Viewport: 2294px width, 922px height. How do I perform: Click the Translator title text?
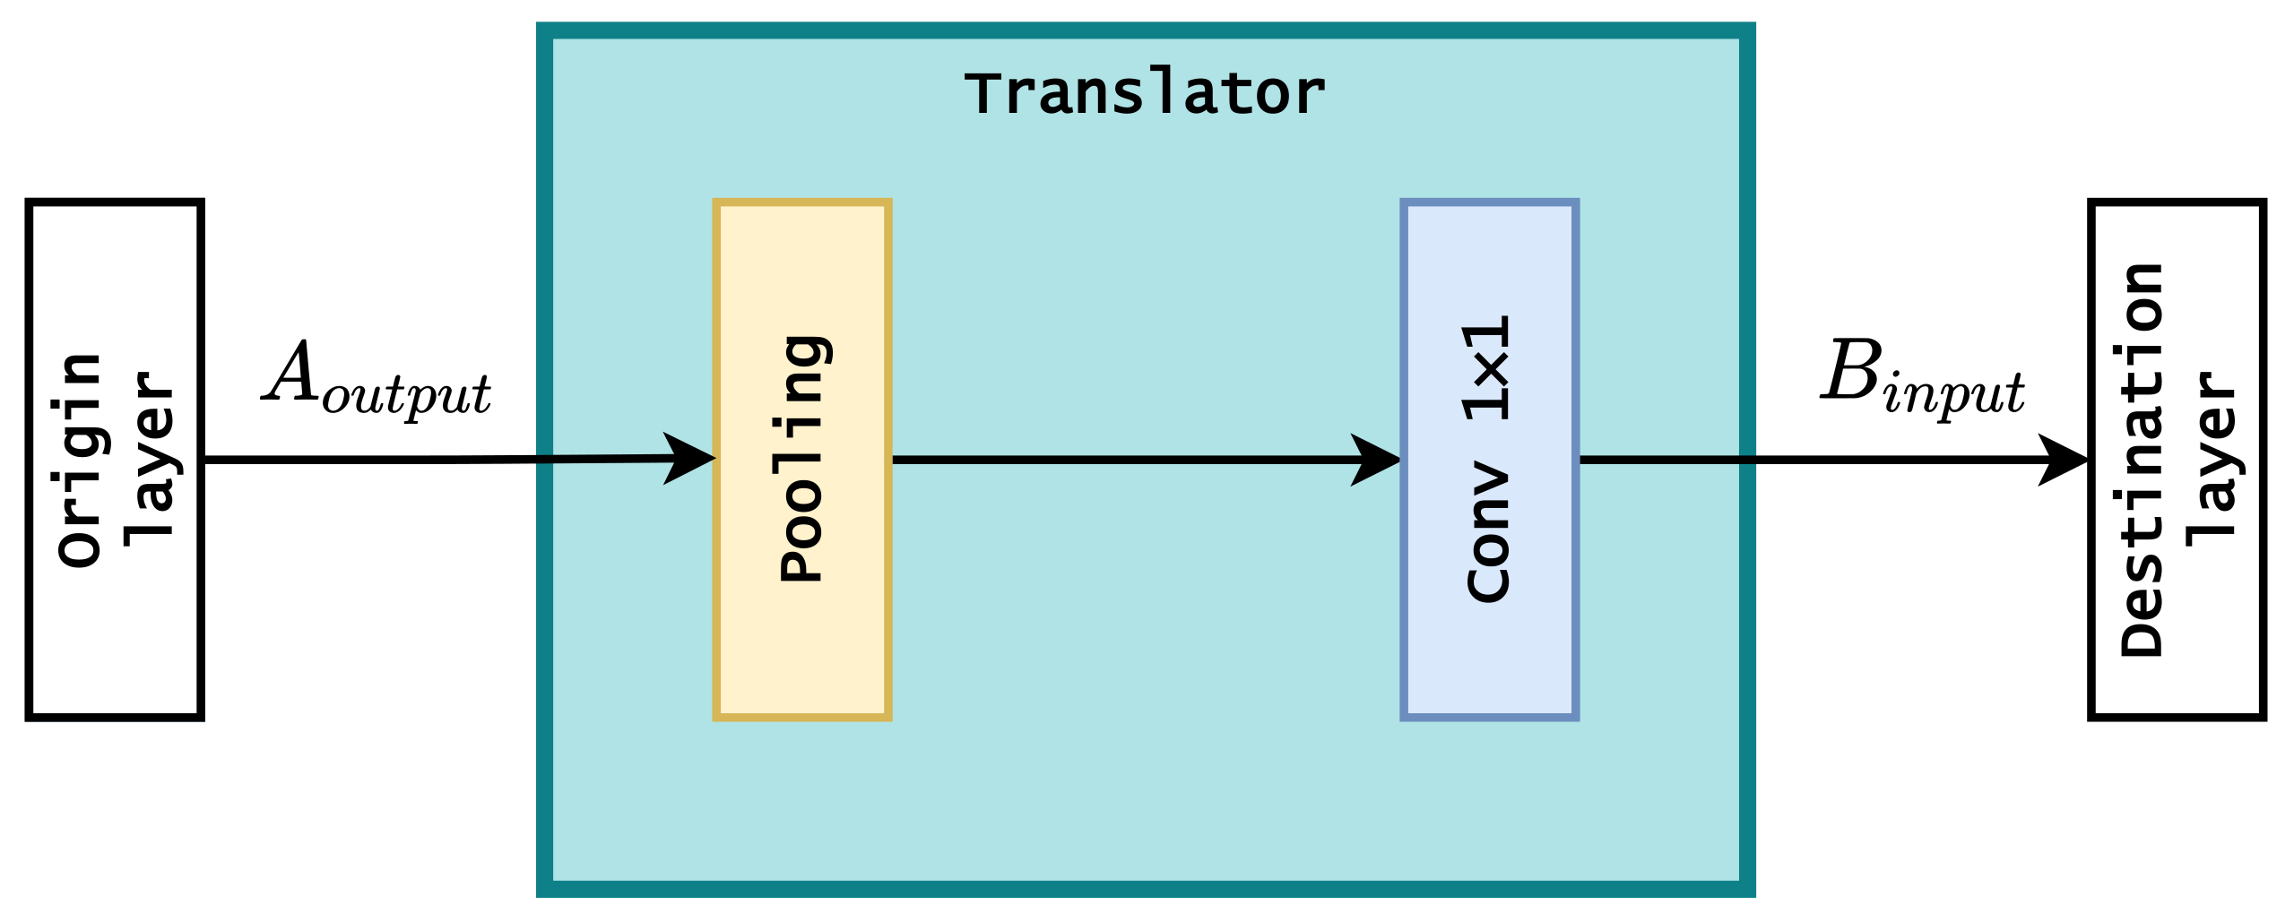point(1145,94)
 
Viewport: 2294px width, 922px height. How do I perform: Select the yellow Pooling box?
point(801,645)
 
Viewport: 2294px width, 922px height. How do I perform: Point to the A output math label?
point(377,379)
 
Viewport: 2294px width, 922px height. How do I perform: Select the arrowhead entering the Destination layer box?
point(2065,461)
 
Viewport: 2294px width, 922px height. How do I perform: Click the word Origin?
point(81,460)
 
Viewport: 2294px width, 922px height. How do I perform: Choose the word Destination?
point(2143,460)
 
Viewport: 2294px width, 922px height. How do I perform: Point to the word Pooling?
point(802,459)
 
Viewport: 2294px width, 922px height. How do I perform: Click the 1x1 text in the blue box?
point(1487,368)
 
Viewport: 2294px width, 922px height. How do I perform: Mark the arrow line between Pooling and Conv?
point(1121,460)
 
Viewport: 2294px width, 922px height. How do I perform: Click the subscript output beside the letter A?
point(407,394)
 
